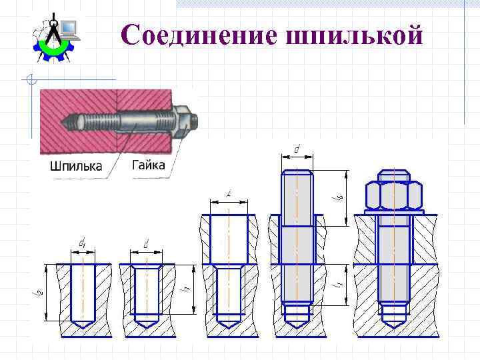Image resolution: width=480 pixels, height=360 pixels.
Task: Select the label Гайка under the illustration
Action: coord(148,165)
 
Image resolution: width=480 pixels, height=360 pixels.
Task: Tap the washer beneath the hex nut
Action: coord(393,213)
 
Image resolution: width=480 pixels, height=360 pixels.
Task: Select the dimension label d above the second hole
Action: coord(145,245)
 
